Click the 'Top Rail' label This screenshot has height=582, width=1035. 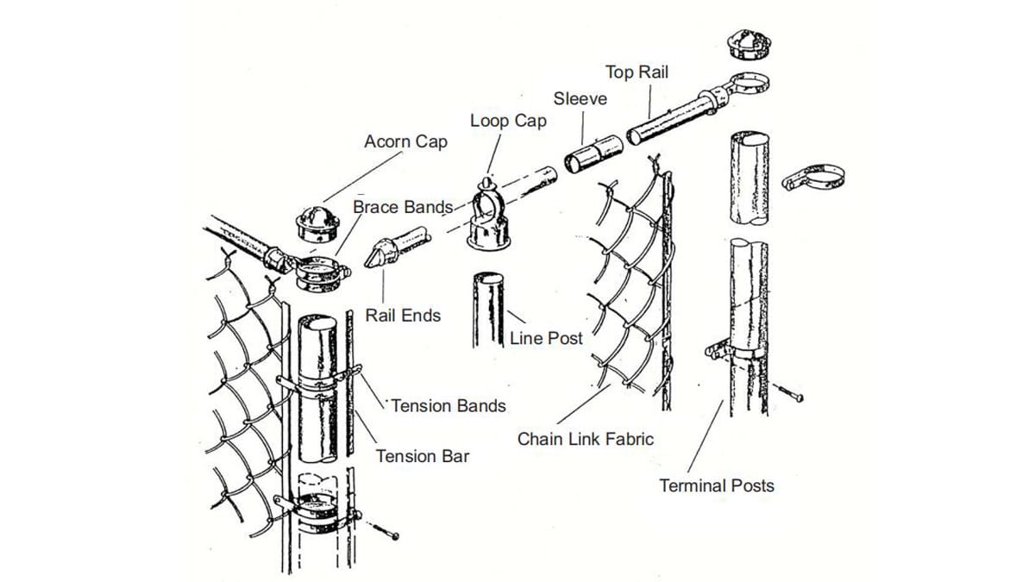[637, 72]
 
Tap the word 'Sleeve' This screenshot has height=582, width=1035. [580, 98]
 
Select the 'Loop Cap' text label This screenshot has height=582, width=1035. [508, 121]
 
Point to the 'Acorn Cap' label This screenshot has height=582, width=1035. [405, 141]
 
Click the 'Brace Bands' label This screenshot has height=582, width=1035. [403, 207]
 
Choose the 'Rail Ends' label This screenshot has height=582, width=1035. [403, 316]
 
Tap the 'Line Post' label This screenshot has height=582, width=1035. [546, 338]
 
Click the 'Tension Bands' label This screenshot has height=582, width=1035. [448, 404]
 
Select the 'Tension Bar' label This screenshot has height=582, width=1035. [423, 456]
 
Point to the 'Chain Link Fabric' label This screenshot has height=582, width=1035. [586, 439]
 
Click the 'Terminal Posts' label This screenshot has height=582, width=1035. [717, 485]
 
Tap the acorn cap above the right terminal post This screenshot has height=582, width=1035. [744, 44]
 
